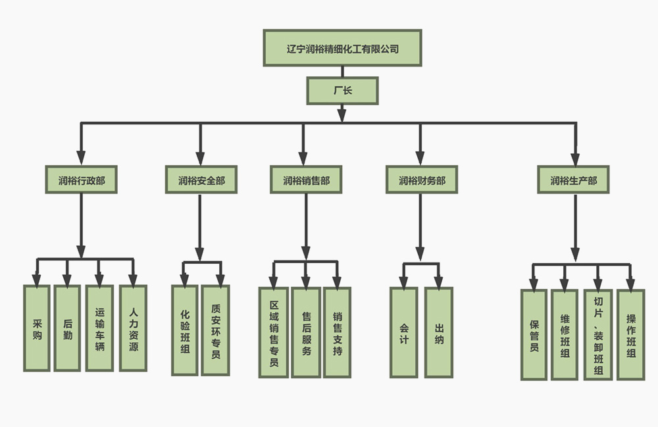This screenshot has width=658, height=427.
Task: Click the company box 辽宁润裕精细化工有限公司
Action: (x=342, y=48)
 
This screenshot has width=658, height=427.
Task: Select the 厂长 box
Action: (x=342, y=91)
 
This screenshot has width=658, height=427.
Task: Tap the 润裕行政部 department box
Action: (x=81, y=180)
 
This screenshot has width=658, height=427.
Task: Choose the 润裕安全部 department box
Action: (x=201, y=180)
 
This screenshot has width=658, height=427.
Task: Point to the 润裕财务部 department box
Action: (x=421, y=180)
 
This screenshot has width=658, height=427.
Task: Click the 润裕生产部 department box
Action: (x=574, y=180)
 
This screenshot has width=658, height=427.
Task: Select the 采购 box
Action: (x=37, y=328)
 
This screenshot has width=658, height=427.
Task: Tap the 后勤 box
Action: (x=68, y=328)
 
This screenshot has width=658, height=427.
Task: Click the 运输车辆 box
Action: (x=99, y=328)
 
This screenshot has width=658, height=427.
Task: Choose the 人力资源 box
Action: (x=134, y=328)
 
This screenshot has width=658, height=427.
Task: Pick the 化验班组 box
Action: (x=184, y=330)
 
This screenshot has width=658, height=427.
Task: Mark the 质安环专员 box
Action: (x=216, y=330)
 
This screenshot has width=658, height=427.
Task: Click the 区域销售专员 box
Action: (x=274, y=332)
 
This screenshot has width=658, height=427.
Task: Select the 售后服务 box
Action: (x=306, y=332)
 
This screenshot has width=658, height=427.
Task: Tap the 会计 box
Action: (x=403, y=332)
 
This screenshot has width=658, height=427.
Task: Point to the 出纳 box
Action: (x=439, y=332)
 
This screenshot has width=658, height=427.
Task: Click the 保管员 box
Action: (x=534, y=334)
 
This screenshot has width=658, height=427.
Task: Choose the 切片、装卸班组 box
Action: (x=598, y=334)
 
